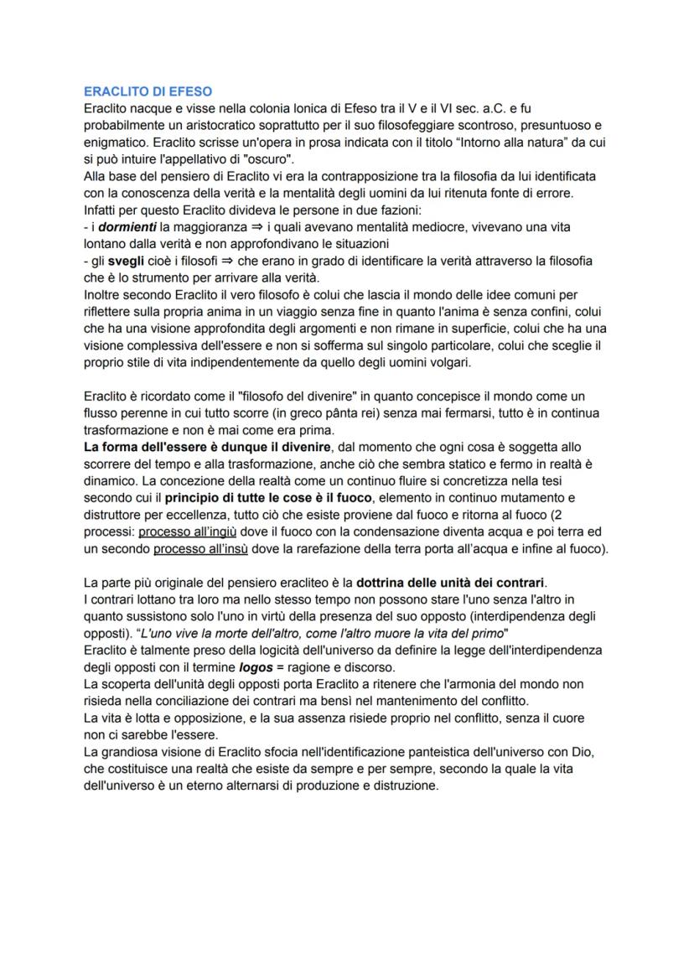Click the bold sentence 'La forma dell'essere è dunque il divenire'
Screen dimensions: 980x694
click(208, 448)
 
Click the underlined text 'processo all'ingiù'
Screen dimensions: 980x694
click(186, 532)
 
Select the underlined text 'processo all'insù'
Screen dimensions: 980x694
click(202, 549)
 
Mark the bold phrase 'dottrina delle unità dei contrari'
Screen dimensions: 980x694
click(450, 583)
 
